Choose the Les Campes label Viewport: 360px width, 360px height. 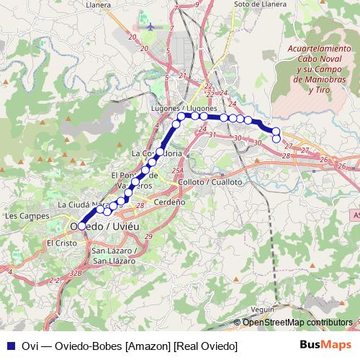(x=21, y=215)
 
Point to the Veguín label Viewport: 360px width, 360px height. (x=264, y=309)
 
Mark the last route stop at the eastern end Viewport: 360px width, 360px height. (x=276, y=138)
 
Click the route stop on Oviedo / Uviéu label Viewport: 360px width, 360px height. (x=82, y=226)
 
